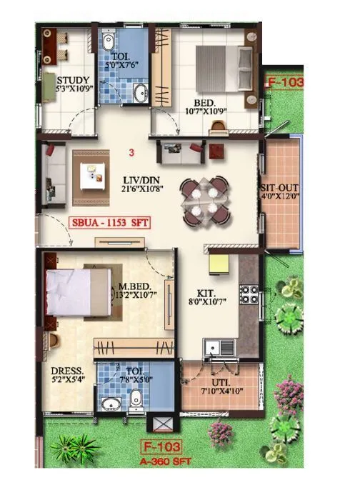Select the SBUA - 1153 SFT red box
tap(111, 222)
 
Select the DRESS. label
tap(68, 371)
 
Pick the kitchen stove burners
tap(249, 294)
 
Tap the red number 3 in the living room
tap(131, 152)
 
